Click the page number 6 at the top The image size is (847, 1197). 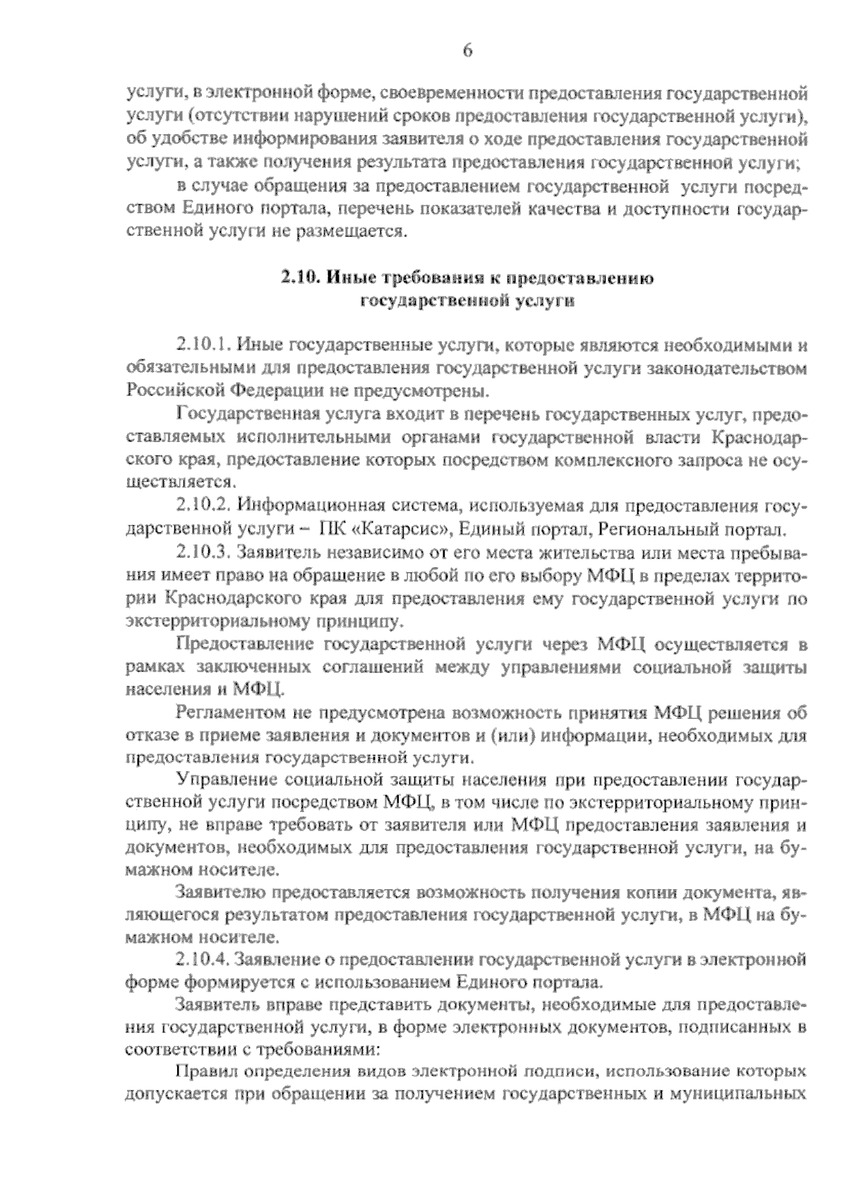(x=467, y=51)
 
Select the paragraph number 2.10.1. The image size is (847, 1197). (x=204, y=345)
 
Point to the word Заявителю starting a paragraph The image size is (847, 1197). (x=223, y=893)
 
